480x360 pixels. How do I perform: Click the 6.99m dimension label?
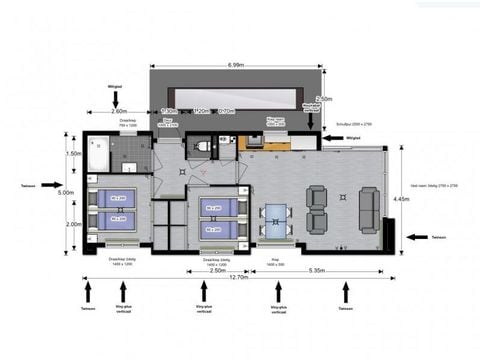click(236, 65)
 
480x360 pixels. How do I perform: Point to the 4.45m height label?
click(401, 198)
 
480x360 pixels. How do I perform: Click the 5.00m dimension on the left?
click(66, 192)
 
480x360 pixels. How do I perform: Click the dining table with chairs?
click(275, 218)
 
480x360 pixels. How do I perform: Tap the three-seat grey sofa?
click(368, 208)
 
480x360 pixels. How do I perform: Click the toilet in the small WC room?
click(203, 147)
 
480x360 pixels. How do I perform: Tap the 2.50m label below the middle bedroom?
click(217, 270)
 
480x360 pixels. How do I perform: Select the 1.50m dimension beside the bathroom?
click(73, 154)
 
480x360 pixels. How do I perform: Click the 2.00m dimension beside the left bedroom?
click(73, 224)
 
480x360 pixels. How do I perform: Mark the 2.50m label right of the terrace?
click(324, 99)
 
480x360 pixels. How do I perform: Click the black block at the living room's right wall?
click(387, 239)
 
